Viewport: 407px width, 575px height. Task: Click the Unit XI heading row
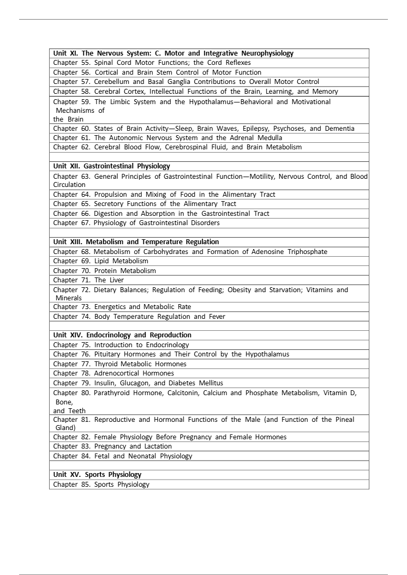pos(173,53)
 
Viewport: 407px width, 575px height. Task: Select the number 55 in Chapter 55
pos(85,63)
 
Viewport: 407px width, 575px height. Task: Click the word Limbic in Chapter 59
pos(123,102)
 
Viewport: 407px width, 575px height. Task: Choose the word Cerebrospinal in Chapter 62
pos(190,147)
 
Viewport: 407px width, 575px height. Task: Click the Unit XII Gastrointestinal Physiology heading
pos(112,166)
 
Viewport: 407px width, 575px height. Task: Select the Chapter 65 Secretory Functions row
pos(145,204)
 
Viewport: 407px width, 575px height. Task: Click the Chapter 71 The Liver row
pos(88,280)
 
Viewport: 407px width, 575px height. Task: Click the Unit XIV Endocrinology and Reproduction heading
pos(122,335)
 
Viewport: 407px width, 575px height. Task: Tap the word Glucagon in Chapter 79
pos(135,383)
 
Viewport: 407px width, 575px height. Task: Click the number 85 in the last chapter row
pos(85,485)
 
